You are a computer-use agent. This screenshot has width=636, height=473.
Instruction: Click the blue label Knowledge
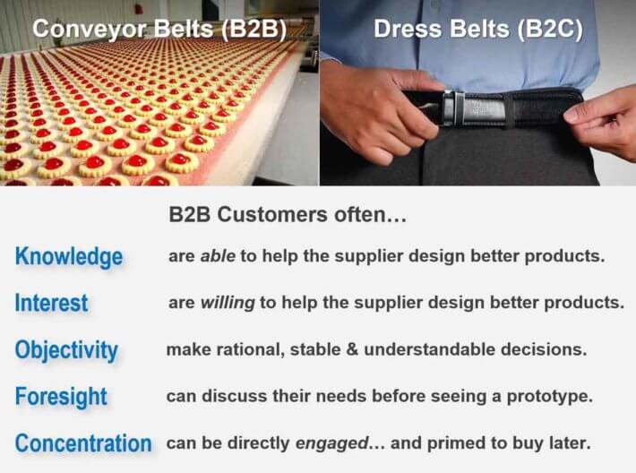click(x=69, y=257)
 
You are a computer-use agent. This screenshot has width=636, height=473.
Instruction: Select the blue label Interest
click(x=52, y=303)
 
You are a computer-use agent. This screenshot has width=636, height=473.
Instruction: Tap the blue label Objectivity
click(x=66, y=350)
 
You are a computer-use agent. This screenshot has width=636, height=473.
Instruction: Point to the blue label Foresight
click(x=61, y=397)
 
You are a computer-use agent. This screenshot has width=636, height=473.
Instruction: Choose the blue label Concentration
click(x=83, y=443)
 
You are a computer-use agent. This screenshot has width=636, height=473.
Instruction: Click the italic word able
click(x=218, y=256)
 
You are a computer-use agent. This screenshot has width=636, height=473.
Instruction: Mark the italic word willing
click(x=228, y=303)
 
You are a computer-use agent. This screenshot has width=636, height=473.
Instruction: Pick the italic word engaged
click(x=331, y=443)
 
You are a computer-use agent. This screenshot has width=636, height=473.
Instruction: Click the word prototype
click(x=549, y=397)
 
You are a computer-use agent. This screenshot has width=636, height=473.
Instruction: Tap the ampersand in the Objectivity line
click(x=352, y=349)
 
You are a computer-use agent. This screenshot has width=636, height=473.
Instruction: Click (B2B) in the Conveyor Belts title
click(x=254, y=30)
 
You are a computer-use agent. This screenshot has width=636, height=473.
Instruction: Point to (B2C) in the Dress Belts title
click(x=550, y=30)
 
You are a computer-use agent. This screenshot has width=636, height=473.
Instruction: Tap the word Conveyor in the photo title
click(x=89, y=30)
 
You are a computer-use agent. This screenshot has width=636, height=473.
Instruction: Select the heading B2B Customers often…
click(x=288, y=214)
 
